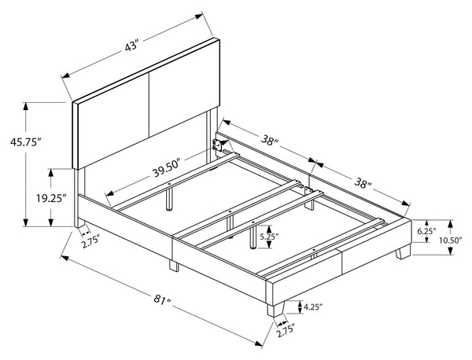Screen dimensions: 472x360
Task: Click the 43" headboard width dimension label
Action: click(131, 47)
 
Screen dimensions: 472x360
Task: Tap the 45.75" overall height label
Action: click(25, 141)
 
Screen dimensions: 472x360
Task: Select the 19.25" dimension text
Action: click(51, 198)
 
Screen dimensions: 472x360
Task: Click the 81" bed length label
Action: click(162, 299)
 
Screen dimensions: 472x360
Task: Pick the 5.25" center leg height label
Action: click(269, 237)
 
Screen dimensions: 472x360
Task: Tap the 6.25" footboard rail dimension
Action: click(426, 231)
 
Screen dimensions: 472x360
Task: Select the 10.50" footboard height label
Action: click(451, 241)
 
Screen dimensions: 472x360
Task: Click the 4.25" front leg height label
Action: click(313, 307)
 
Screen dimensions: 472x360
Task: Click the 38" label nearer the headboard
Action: click(269, 140)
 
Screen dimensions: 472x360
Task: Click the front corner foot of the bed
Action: click(275, 309)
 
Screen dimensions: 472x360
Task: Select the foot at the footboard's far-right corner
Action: click(403, 252)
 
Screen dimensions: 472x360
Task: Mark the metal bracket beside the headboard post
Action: click(217, 145)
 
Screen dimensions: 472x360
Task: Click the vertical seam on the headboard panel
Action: click(149, 105)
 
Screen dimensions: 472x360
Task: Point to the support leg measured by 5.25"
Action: click(253, 237)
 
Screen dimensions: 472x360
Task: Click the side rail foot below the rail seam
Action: click(174, 266)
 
